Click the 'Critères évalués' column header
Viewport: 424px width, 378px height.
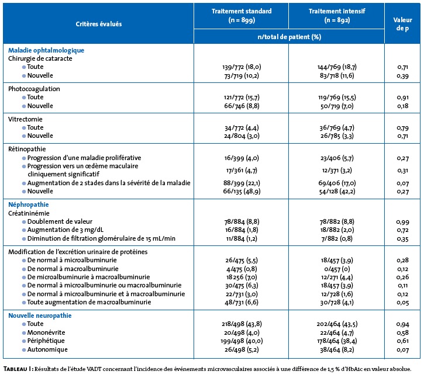click(x=99, y=24)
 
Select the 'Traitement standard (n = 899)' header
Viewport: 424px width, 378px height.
click(x=242, y=15)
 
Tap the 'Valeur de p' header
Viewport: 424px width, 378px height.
click(x=402, y=24)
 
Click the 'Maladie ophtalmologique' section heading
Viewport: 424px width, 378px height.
click(x=46, y=50)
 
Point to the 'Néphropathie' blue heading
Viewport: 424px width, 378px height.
click(x=29, y=204)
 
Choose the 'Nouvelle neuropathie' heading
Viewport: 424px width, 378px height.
click(x=40, y=315)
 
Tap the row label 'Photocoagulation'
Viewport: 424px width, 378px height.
click(x=34, y=89)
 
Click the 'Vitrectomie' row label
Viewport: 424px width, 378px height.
click(x=25, y=119)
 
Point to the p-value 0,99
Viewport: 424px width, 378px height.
click(x=402, y=222)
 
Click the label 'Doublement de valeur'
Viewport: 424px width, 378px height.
click(x=60, y=221)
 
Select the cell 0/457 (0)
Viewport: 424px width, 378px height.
click(x=337, y=269)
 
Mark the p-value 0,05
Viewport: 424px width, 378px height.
click(x=402, y=303)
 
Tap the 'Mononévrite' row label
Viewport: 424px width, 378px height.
click(x=46, y=332)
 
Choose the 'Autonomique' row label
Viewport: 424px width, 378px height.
click(x=47, y=349)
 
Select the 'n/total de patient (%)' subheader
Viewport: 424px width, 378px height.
click(x=289, y=37)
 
